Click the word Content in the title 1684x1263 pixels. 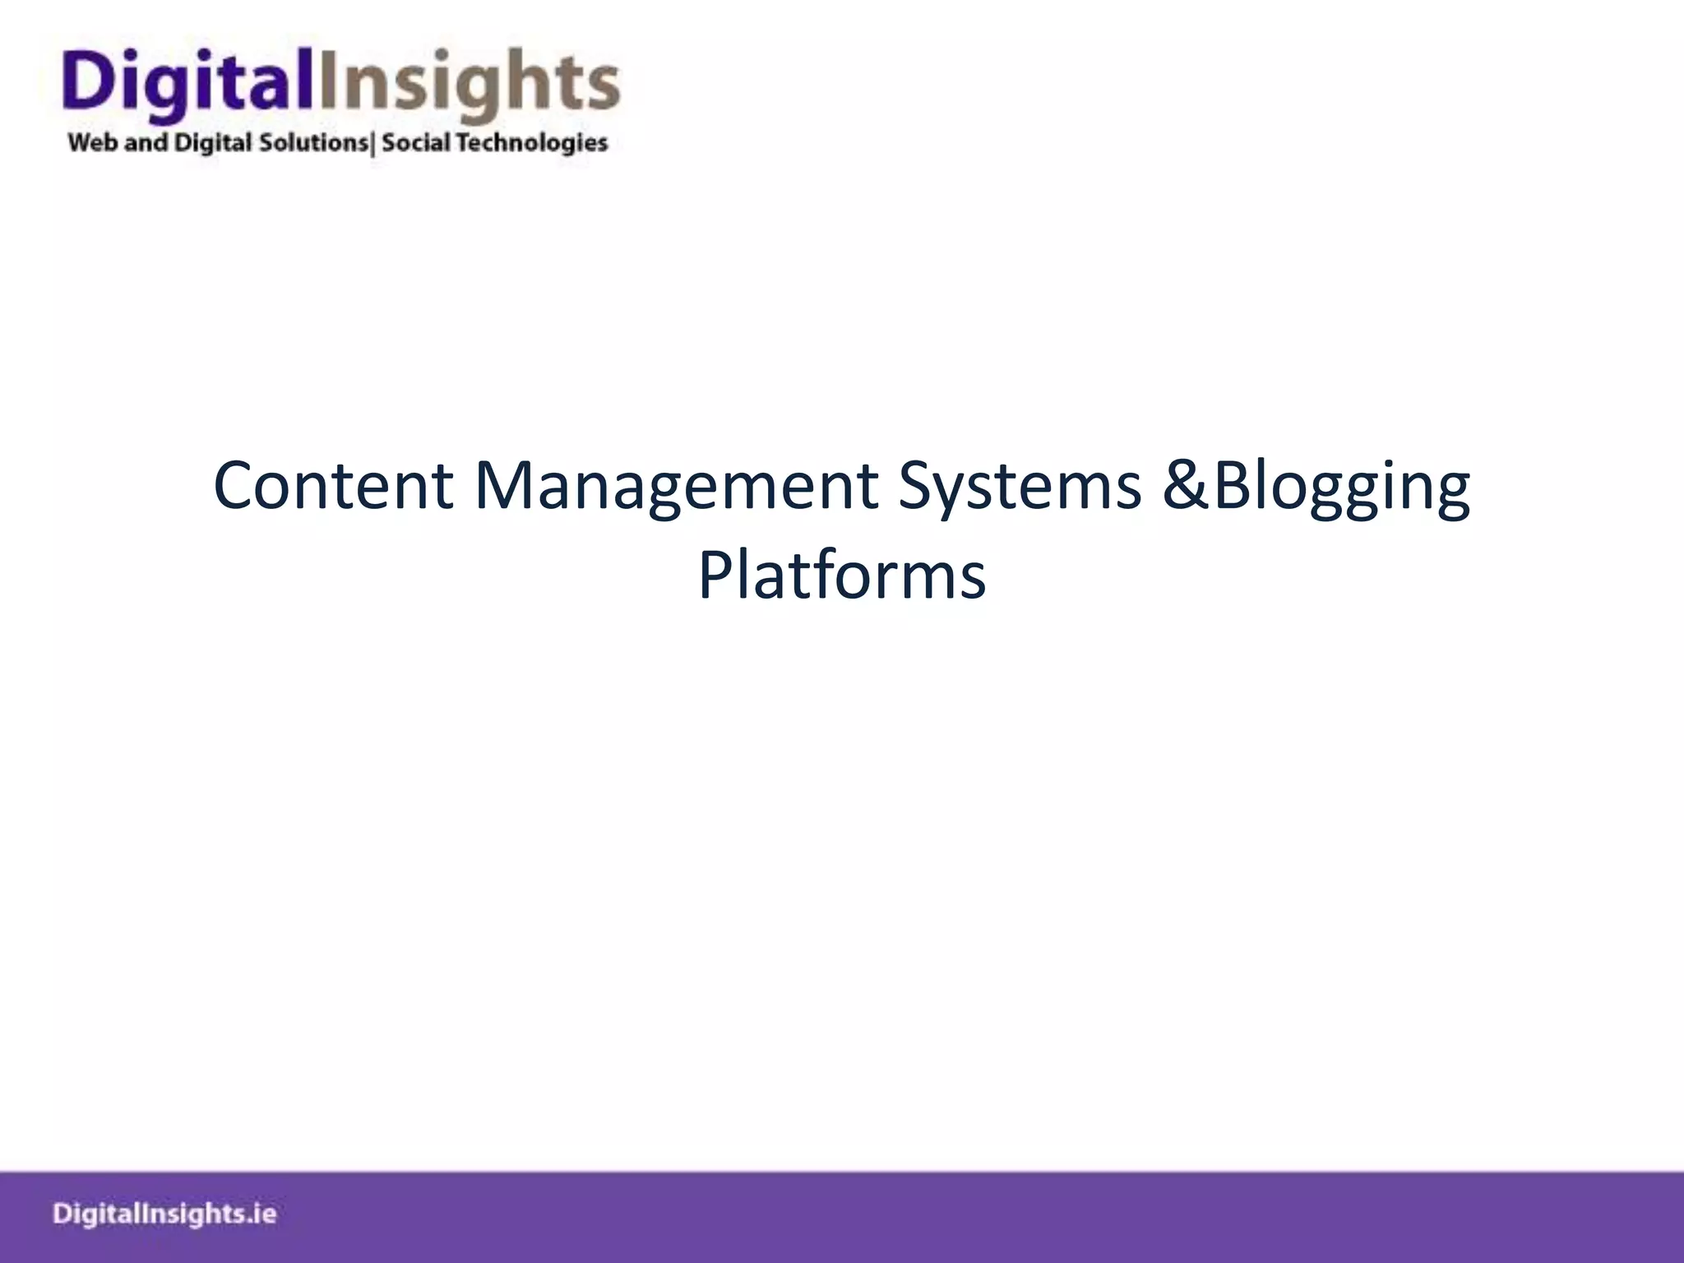(x=333, y=485)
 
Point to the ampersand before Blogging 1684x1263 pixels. (x=1187, y=485)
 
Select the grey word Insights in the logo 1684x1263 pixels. (x=469, y=82)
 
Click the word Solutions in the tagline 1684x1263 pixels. (x=313, y=143)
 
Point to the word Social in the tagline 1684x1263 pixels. (x=416, y=143)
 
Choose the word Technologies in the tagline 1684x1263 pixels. (x=532, y=143)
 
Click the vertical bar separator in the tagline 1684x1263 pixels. (x=374, y=144)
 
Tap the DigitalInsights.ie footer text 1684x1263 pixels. (x=164, y=1214)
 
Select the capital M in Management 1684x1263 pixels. (x=503, y=485)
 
